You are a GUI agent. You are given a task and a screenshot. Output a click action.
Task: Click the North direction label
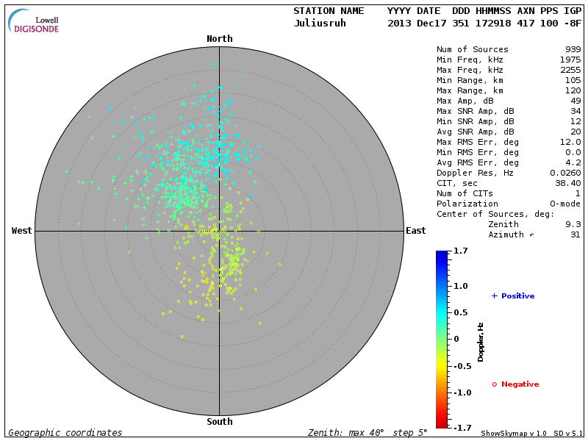[219, 39]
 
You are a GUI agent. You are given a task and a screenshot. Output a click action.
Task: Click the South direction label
[219, 422]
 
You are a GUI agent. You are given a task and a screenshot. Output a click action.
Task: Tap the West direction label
[22, 231]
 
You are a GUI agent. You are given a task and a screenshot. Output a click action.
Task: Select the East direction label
[415, 231]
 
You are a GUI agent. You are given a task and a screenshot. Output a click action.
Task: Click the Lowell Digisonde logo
[34, 21]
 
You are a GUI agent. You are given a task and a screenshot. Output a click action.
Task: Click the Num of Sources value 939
[572, 50]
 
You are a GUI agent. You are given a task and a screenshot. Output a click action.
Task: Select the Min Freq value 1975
[570, 60]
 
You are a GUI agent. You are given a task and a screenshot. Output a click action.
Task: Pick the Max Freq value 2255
[570, 71]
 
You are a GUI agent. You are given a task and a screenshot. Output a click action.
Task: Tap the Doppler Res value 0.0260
[565, 173]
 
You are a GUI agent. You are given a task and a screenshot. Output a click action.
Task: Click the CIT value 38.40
[568, 183]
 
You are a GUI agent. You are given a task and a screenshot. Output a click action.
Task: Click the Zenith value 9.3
[573, 224]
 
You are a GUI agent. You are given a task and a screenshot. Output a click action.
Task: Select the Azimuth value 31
[575, 234]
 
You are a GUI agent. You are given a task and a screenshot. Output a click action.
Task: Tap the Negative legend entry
[516, 384]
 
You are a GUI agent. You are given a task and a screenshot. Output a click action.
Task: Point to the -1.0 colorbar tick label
[460, 392]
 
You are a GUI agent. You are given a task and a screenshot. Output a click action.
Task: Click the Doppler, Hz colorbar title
[481, 342]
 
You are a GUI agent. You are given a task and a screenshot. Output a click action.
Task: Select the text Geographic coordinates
[65, 433]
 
